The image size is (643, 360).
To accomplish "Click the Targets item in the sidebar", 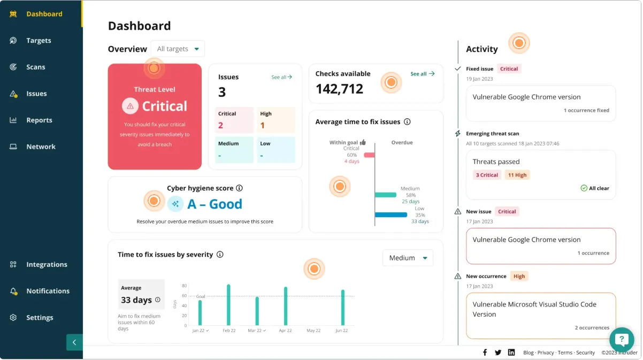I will (x=39, y=41).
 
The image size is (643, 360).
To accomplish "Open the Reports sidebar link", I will (x=39, y=120).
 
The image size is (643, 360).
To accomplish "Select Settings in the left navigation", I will (x=39, y=318).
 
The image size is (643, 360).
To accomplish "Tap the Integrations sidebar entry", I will (x=46, y=265).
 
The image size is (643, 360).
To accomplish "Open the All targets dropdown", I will (x=178, y=49).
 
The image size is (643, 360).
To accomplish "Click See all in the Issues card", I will (x=281, y=78).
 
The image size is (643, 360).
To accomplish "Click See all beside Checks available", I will (x=422, y=74).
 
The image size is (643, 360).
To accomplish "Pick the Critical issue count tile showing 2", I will (x=234, y=120).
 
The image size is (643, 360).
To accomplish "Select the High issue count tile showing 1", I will (x=275, y=120).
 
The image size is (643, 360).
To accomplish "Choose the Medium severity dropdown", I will (x=408, y=258).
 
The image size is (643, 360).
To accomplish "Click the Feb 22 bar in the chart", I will (x=228, y=305).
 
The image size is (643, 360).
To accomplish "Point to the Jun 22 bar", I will (x=342, y=308).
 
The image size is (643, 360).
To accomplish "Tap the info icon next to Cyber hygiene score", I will (x=239, y=188).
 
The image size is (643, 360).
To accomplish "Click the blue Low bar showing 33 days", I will (x=391, y=215).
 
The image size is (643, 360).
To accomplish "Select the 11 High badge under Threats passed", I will (x=517, y=175).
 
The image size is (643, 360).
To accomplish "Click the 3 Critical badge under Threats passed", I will (x=487, y=175).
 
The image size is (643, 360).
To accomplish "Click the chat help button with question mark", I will (x=622, y=339).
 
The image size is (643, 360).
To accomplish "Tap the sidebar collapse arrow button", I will (x=74, y=342).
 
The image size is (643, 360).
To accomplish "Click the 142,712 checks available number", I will (x=339, y=89).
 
